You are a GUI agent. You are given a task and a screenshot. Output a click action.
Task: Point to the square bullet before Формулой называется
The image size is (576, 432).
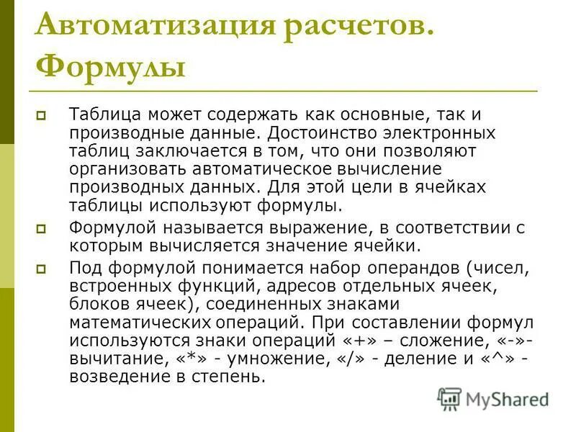point(41,228)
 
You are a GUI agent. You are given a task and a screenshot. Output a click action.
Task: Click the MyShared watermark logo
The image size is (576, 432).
point(493,398)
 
